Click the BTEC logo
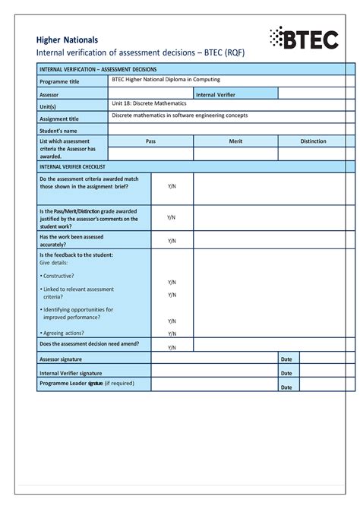coord(304,39)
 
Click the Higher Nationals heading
coord(68,40)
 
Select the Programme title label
coord(59,81)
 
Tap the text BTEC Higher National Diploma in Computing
coord(166,80)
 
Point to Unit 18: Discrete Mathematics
coord(149,103)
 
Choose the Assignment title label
coord(59,119)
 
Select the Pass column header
coord(150,141)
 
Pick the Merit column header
coord(235,141)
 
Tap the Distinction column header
coord(313,141)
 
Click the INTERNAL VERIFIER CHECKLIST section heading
coord(72,166)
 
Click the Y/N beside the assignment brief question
coord(172,186)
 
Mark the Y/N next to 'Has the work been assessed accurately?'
coord(172,241)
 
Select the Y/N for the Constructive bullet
coord(172,283)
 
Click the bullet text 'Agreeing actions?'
coord(62,333)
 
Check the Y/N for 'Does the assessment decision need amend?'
coord(172,347)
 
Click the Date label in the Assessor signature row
coord(286,359)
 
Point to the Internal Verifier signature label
coord(71,373)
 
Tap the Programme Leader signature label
coord(86,384)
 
